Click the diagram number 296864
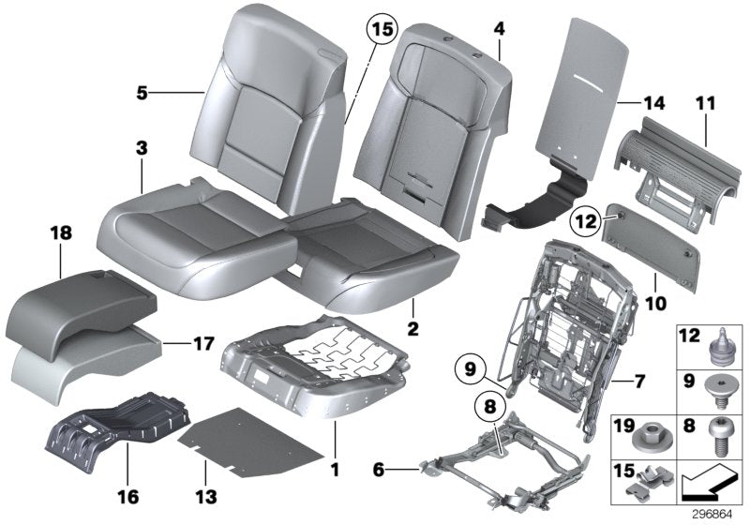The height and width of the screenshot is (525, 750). pos(713,514)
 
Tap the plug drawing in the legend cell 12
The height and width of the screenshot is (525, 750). pos(722,343)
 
